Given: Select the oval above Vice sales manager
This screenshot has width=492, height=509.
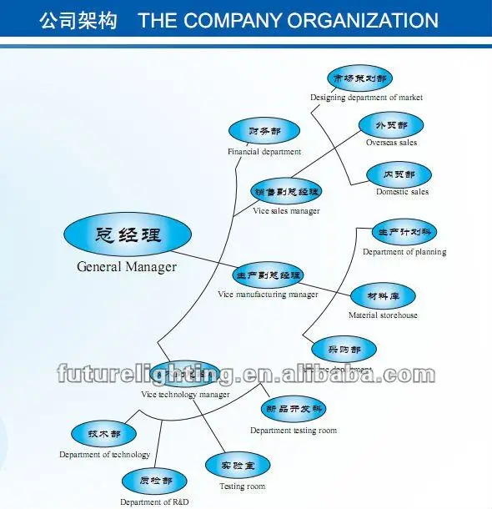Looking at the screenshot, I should click(287, 191).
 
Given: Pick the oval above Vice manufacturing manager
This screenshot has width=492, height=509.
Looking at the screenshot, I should click(268, 275).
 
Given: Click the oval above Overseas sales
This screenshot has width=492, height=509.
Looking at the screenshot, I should click(391, 125).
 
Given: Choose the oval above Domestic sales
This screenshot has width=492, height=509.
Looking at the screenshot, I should click(391, 174).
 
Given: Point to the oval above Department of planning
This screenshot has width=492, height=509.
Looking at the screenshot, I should click(404, 231).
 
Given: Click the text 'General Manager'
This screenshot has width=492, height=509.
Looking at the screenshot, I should click(127, 267).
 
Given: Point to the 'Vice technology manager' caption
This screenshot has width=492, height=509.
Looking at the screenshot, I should click(185, 394).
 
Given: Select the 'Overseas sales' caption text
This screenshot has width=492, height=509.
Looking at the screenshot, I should click(391, 143).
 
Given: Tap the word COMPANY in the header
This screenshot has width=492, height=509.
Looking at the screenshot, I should click(228, 21).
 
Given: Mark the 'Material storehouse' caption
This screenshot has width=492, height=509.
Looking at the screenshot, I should click(383, 315).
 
